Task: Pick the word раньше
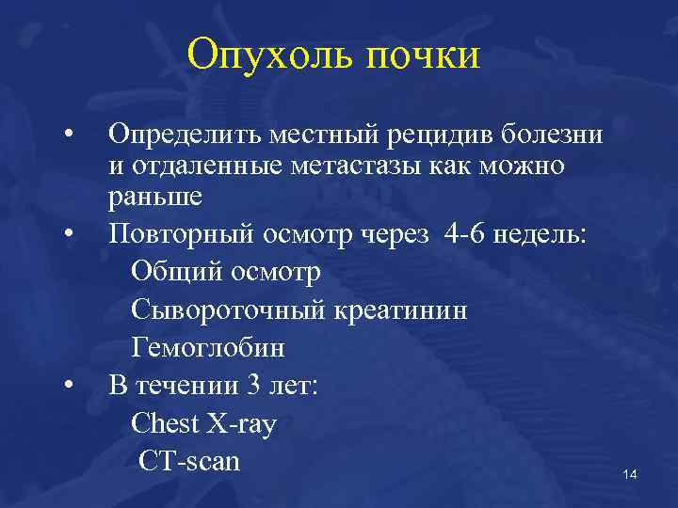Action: pos(154,198)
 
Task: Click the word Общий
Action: pos(170,273)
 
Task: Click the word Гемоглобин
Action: pos(208,348)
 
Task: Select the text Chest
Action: pos(166,424)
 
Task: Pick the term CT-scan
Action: pos(189,461)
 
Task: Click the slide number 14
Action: pos(630,474)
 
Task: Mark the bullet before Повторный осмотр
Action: pos(69,233)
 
